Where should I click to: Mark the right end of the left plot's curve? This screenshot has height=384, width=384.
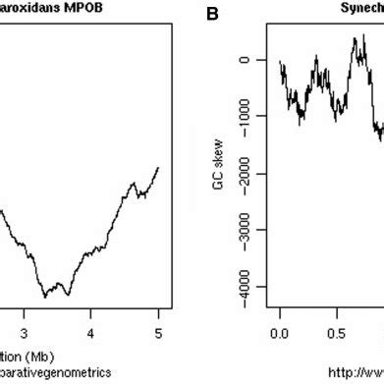point(157,168)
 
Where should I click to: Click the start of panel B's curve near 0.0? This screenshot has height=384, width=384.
point(280,63)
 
